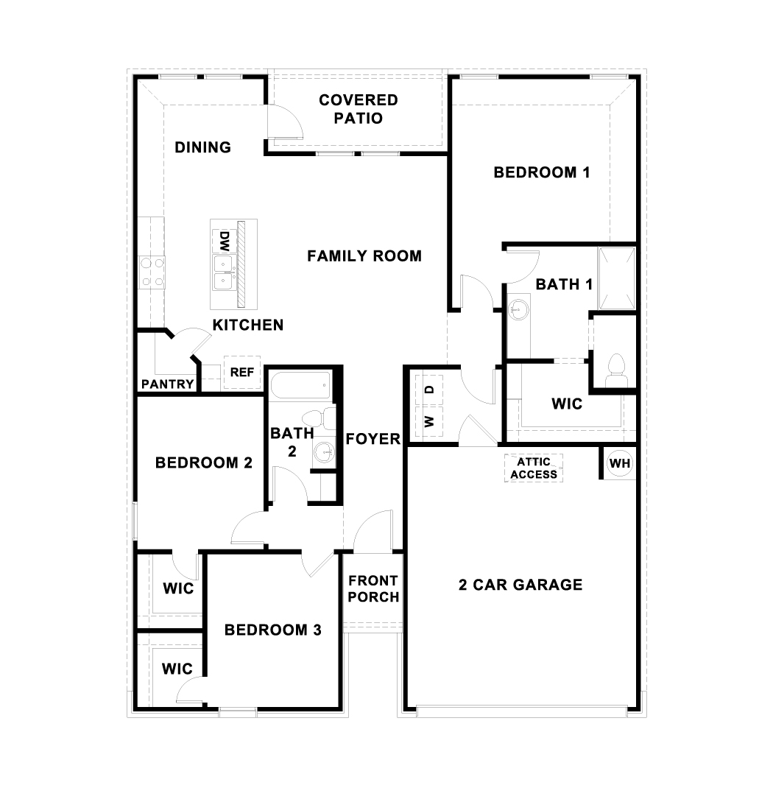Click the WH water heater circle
pos(620,464)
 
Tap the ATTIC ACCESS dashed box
pos(534,468)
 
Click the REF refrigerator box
pos(242,373)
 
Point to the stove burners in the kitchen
pos(152,271)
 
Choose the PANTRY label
pos(168,384)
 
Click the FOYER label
pos(373,439)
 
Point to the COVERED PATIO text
pos(359,108)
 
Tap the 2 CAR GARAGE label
pos(520,585)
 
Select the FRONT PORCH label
pos(373,588)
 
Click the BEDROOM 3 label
pos(273,630)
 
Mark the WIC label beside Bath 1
pos(567,404)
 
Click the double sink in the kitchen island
pos(223,272)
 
